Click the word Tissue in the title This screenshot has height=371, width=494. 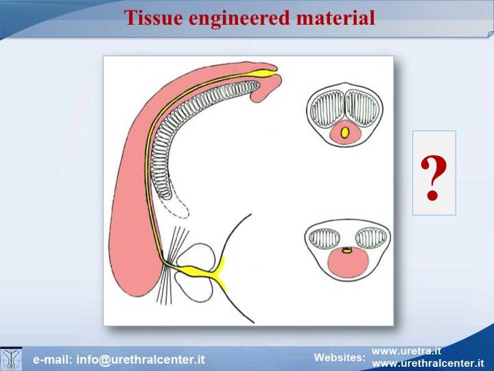click(x=153, y=18)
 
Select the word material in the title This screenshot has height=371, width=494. click(x=336, y=18)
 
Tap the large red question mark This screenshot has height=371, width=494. click(x=434, y=178)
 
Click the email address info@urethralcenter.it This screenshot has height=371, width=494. click(x=141, y=359)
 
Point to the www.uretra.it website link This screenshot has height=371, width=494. click(x=406, y=351)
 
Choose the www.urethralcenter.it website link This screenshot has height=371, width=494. click(x=428, y=363)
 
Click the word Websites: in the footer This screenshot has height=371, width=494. click(x=340, y=357)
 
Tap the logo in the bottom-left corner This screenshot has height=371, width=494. click(x=11, y=359)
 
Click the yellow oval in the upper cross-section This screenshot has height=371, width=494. click(x=345, y=132)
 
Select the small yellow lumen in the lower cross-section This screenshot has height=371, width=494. click(x=347, y=251)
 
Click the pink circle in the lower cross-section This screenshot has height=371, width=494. click(x=348, y=263)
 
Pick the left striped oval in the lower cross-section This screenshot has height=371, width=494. click(x=325, y=237)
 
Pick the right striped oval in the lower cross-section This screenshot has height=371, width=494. click(x=371, y=238)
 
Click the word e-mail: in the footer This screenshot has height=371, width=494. click(x=53, y=359)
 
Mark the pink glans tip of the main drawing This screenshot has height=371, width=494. click(x=266, y=85)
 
